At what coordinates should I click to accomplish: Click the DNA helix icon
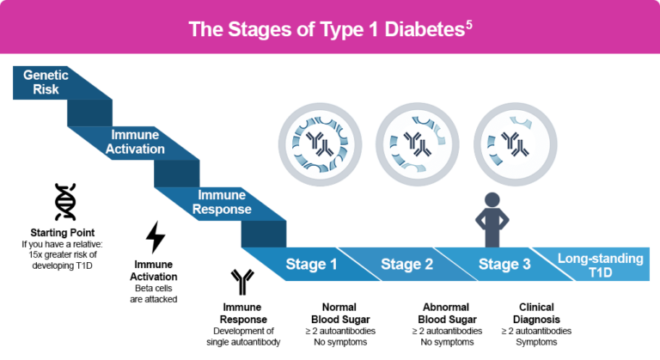(64, 203)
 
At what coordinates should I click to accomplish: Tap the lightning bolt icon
(156, 237)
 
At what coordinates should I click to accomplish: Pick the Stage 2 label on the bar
(406, 264)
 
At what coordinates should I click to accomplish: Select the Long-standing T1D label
(600, 265)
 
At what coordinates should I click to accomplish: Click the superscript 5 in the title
(468, 25)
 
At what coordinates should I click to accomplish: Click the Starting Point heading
(64, 233)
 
